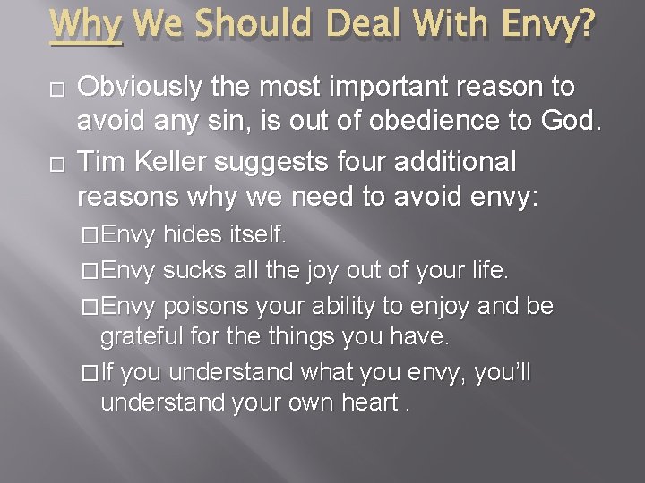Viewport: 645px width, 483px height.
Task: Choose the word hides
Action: point(193,236)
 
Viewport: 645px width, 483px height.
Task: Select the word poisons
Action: point(204,307)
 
